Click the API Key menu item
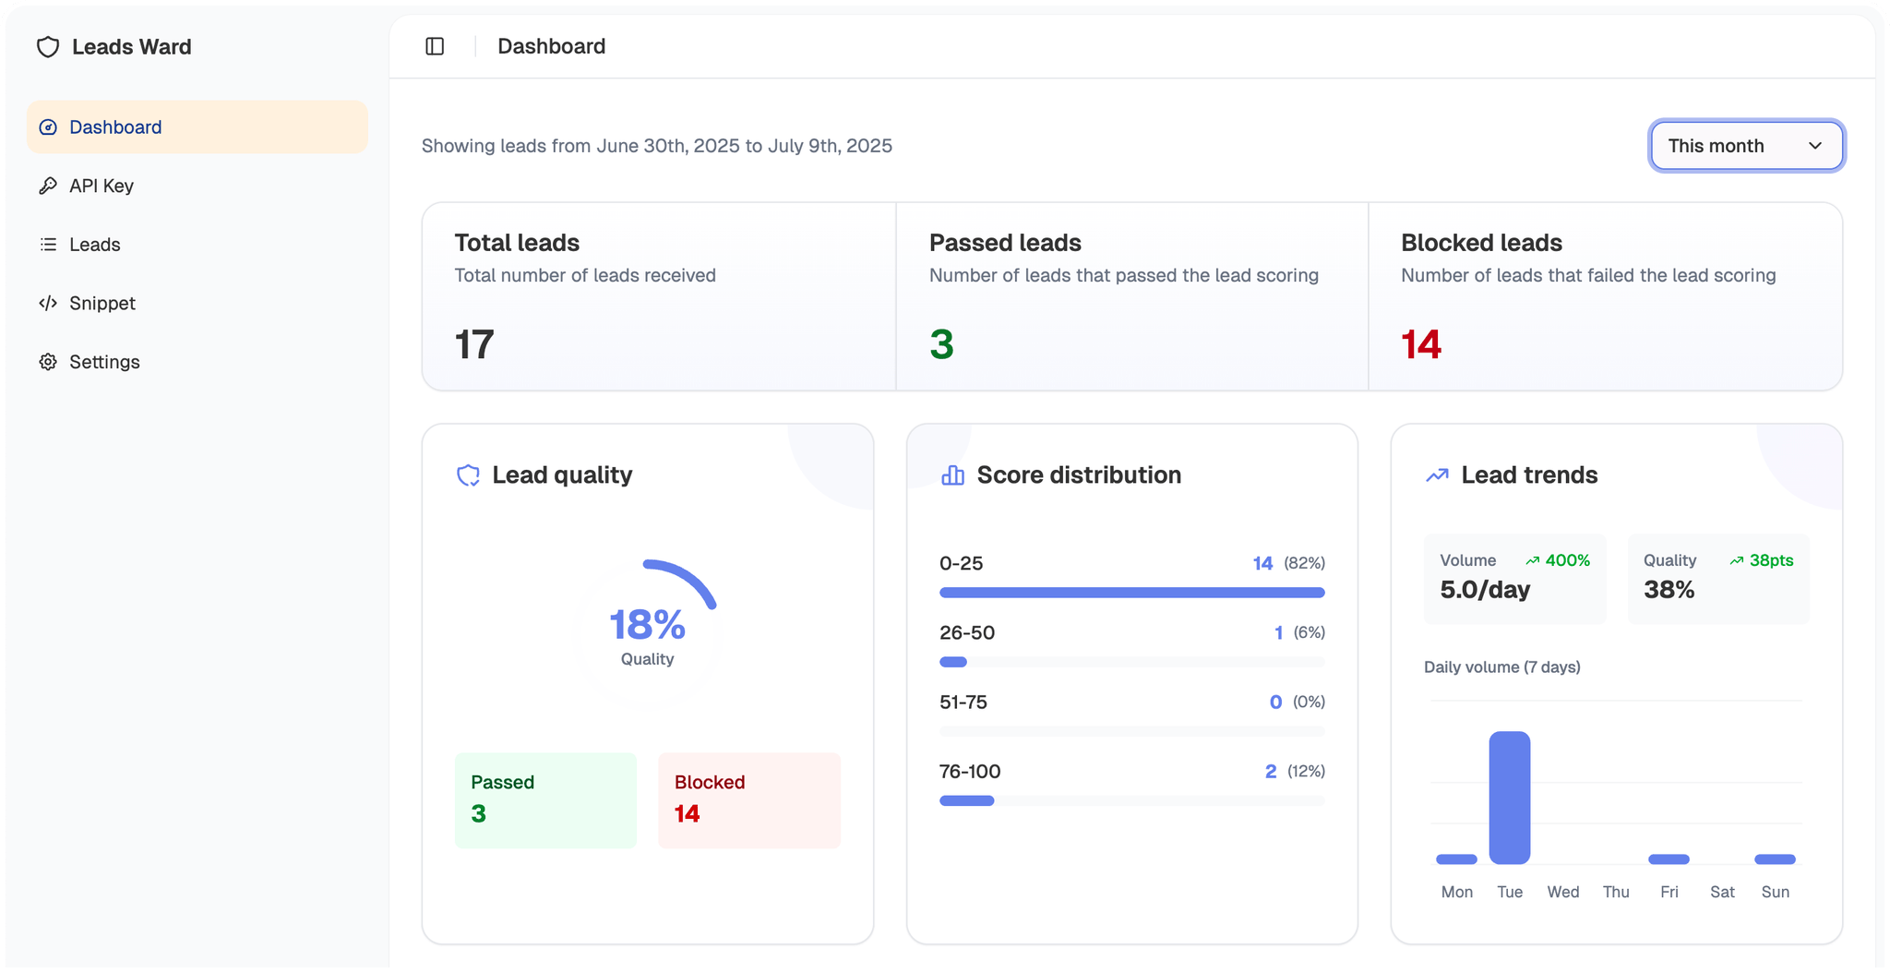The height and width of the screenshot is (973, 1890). pyautogui.click(x=101, y=186)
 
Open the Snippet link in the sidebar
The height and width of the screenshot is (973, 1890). pyautogui.click(x=102, y=303)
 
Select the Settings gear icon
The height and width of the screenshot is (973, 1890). pyautogui.click(x=48, y=362)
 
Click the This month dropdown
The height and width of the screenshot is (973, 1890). pyautogui.click(x=1746, y=146)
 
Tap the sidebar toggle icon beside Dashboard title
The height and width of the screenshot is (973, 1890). pyautogui.click(x=435, y=46)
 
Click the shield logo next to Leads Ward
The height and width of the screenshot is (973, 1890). pyautogui.click(x=48, y=47)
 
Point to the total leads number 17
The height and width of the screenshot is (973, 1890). pyautogui.click(x=474, y=344)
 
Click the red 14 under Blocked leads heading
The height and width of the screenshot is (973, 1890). pyautogui.click(x=1421, y=344)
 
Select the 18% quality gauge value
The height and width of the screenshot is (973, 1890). pyautogui.click(x=647, y=625)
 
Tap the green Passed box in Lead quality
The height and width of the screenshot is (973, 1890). pyautogui.click(x=545, y=799)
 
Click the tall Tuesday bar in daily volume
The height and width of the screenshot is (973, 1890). pyautogui.click(x=1509, y=798)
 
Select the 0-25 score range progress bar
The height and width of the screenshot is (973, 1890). pyautogui.click(x=1131, y=593)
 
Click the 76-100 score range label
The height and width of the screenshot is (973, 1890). pyautogui.click(x=970, y=771)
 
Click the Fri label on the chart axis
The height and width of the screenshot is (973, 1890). pyautogui.click(x=1669, y=892)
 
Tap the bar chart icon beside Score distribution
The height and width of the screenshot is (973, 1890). pyautogui.click(x=952, y=475)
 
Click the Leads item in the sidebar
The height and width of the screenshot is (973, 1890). pyautogui.click(x=94, y=245)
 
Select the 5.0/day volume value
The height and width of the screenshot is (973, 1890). pyautogui.click(x=1485, y=590)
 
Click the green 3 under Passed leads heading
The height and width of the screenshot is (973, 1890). pyautogui.click(x=941, y=344)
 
